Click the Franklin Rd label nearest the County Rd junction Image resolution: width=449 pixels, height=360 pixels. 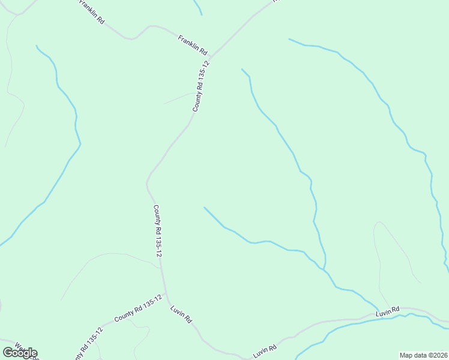[192, 44]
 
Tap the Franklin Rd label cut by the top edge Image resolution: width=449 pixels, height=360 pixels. [92, 11]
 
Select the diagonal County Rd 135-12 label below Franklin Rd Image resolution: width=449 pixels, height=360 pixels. [201, 86]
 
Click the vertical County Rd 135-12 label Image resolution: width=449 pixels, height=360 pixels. [157, 232]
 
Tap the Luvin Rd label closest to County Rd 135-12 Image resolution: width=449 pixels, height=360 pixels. [181, 315]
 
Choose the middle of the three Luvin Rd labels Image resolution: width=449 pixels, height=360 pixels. [264, 351]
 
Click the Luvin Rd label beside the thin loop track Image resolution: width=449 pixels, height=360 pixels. [388, 312]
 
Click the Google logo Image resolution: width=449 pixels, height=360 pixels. [20, 353]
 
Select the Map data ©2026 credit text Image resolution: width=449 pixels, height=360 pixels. [424, 355]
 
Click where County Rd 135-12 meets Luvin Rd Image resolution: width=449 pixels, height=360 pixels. [167, 298]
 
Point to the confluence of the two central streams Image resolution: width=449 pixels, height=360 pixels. [325, 269]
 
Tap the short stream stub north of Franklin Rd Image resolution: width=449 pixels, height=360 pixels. [198, 7]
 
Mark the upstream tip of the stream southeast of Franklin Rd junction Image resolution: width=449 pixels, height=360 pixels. [242, 69]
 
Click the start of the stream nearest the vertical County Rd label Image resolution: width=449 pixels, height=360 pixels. [205, 208]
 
